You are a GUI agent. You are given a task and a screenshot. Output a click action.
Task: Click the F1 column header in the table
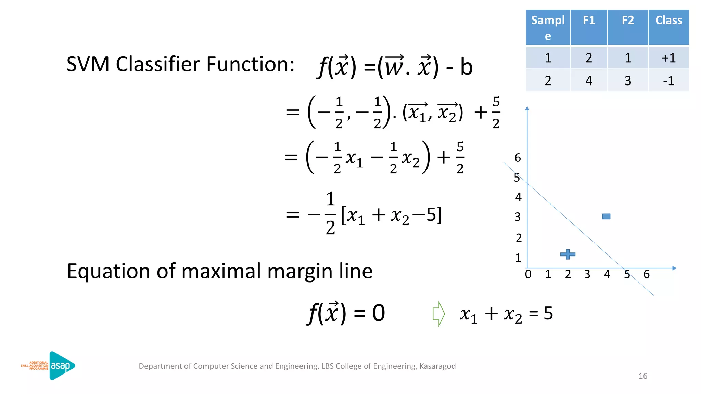(589, 21)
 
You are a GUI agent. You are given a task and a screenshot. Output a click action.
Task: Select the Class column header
(668, 21)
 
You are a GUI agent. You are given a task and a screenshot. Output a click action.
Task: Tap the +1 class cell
(668, 58)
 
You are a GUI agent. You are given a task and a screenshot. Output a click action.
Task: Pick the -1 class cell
(668, 81)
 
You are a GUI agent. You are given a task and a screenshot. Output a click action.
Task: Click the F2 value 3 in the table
(627, 81)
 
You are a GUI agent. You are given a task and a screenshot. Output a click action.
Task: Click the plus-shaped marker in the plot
(568, 254)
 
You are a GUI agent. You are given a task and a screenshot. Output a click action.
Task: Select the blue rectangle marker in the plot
(606, 216)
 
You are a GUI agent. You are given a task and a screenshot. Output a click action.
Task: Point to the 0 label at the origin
(528, 274)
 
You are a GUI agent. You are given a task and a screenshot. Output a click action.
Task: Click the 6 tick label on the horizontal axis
(647, 274)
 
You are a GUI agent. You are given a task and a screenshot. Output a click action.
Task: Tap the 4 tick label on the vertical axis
(518, 197)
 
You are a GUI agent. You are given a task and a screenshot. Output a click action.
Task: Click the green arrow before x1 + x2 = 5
(438, 314)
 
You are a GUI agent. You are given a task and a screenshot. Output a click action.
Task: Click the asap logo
(62, 366)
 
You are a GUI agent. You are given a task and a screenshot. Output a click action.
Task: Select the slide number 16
(643, 376)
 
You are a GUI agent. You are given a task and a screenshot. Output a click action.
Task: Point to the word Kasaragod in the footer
(437, 366)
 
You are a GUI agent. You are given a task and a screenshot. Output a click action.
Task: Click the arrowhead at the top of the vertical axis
(527, 108)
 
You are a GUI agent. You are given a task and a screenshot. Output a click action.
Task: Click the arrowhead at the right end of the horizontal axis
(674, 268)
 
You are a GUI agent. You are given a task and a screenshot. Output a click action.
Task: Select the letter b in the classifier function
(466, 67)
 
